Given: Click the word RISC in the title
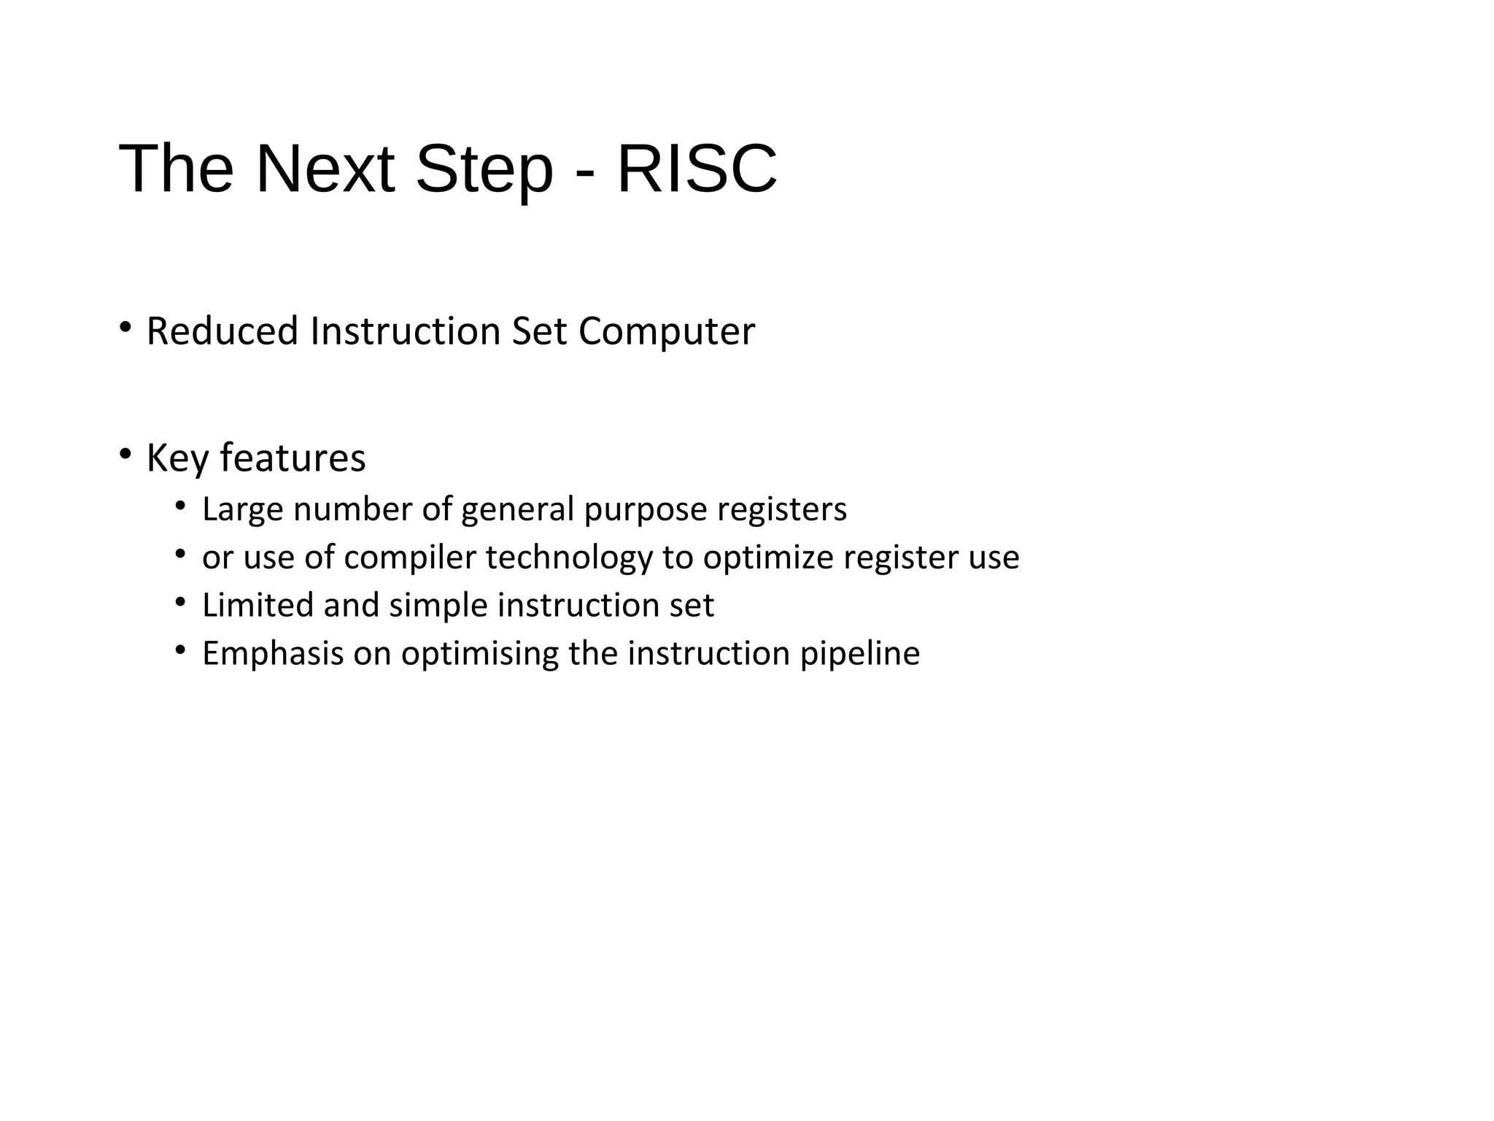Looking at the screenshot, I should click(697, 169).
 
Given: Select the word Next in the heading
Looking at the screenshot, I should click(325, 169).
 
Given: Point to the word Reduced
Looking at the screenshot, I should click(222, 331).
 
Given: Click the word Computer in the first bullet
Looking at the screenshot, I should click(666, 333).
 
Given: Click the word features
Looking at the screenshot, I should click(293, 458).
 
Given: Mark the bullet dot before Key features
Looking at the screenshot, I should click(125, 453).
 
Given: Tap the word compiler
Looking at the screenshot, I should click(409, 558).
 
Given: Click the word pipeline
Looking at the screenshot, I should click(859, 654).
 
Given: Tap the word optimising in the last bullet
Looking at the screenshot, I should click(479, 654).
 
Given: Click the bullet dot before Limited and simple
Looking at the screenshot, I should click(180, 601).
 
